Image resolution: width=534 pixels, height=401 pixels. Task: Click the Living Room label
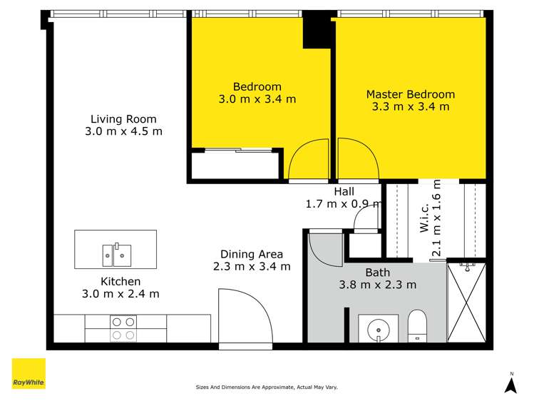coord(123,119)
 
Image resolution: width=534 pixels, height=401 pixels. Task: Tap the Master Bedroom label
coord(411,94)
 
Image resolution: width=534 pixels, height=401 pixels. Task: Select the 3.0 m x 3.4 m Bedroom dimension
coord(257,99)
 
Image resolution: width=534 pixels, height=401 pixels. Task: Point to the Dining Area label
coord(252,254)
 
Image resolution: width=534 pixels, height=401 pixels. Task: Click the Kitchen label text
coord(120,281)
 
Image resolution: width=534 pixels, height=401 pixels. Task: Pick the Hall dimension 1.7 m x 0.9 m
coord(344,204)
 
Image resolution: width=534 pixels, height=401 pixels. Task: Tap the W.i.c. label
coord(425,218)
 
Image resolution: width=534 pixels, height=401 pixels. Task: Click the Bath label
coord(377,273)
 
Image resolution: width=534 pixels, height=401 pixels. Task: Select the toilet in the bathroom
coord(417,325)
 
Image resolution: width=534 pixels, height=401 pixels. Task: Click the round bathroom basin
coord(379,330)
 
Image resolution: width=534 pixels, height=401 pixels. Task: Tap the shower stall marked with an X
coord(466,303)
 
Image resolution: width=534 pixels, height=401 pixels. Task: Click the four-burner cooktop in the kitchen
coord(123,328)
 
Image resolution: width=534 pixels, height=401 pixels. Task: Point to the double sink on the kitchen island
coord(117,255)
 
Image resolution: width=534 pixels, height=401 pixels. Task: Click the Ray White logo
coord(29,373)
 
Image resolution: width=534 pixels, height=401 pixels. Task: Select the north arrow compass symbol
coord(510,383)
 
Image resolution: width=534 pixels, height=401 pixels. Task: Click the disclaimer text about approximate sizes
coord(267,387)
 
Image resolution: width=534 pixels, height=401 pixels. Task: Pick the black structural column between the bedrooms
coord(317,30)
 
